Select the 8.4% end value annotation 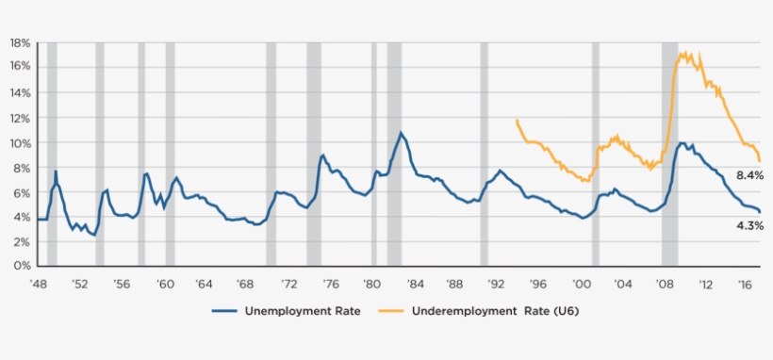point(749,175)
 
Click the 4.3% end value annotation point(749,226)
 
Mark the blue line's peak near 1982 point(401,132)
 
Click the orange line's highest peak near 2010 point(682,53)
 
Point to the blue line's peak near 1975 point(322,155)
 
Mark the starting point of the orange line point(517,120)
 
